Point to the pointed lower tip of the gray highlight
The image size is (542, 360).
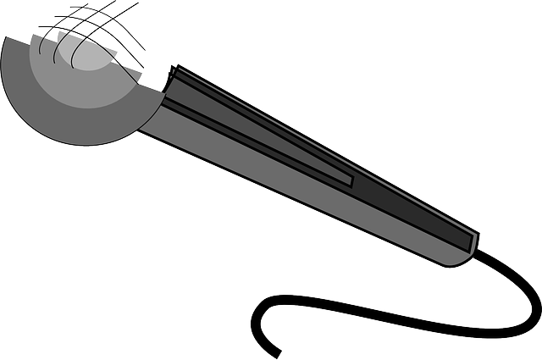pos(350,180)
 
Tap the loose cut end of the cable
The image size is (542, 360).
pos(277,353)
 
